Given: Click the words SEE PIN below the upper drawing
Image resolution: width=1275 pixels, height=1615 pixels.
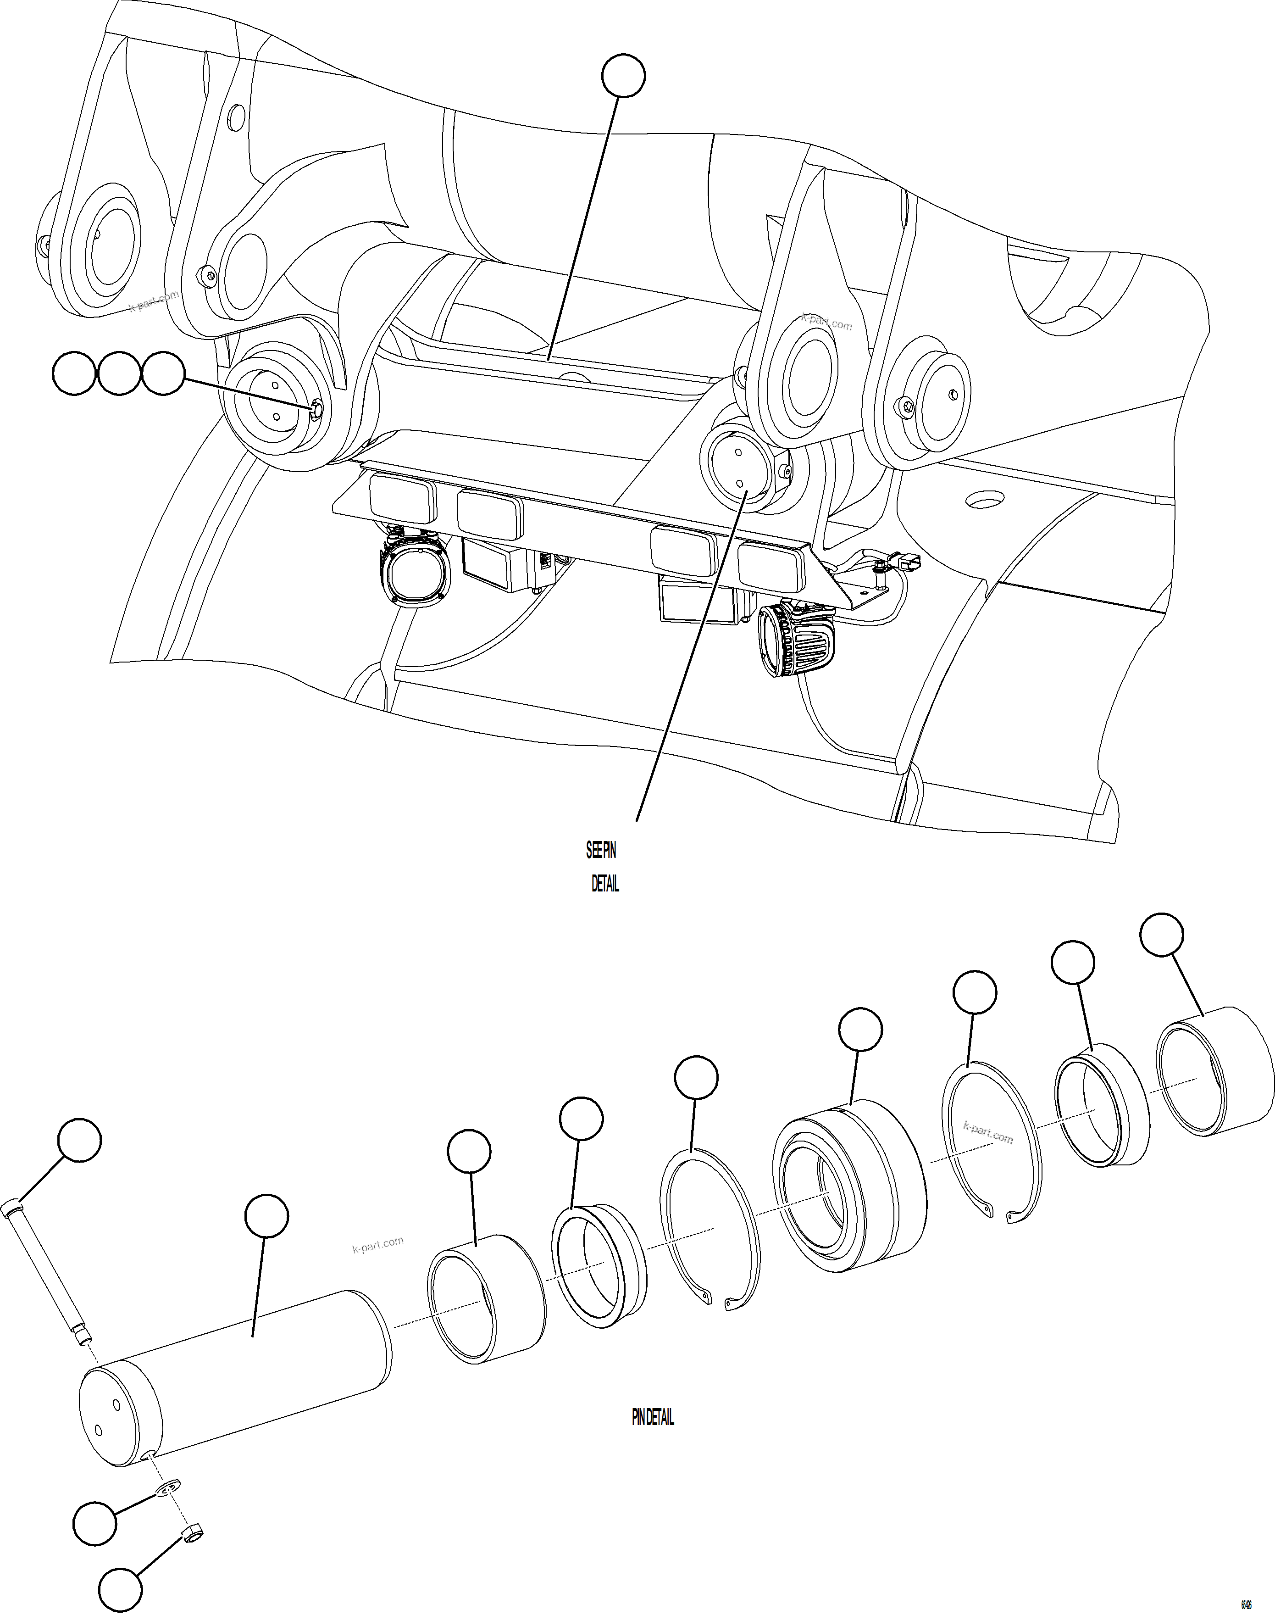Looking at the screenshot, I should tap(600, 851).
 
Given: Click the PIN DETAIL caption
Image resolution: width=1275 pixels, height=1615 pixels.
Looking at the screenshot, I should tap(653, 1417).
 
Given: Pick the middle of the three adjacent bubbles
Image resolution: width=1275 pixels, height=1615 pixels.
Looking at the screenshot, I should tap(119, 373).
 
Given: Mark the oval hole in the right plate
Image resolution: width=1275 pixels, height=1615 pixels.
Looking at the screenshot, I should tap(985, 499).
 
